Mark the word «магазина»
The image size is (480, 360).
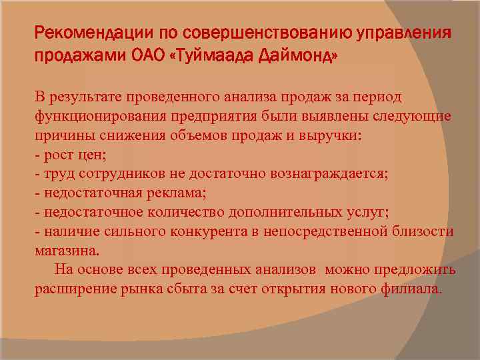tap(66, 251)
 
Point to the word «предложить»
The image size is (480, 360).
tap(415, 270)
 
